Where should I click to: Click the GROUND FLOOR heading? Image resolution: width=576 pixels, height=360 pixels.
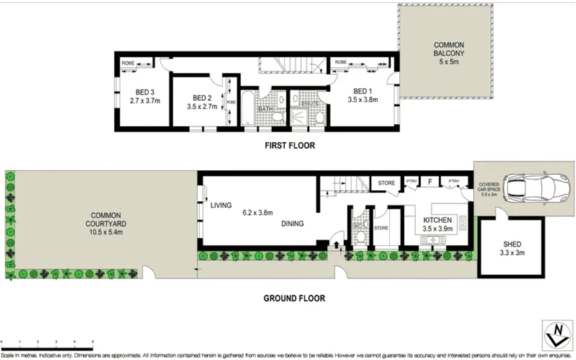point(294,297)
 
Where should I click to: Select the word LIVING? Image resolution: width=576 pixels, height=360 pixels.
point(221,205)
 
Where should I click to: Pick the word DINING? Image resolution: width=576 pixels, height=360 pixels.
point(293,223)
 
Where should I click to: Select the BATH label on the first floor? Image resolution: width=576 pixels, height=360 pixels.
point(265,109)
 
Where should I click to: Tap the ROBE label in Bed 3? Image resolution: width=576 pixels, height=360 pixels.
point(127,63)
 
